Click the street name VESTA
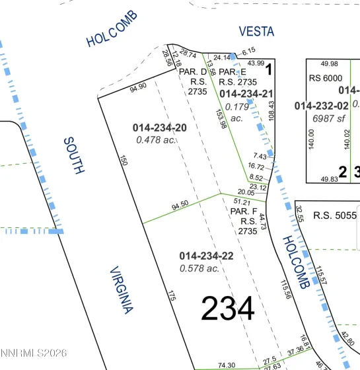(256, 32)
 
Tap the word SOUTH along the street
(73, 155)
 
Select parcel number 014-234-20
(160, 128)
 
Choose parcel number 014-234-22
(206, 256)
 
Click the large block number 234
(227, 309)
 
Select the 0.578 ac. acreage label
(199, 268)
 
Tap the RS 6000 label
(323, 77)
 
